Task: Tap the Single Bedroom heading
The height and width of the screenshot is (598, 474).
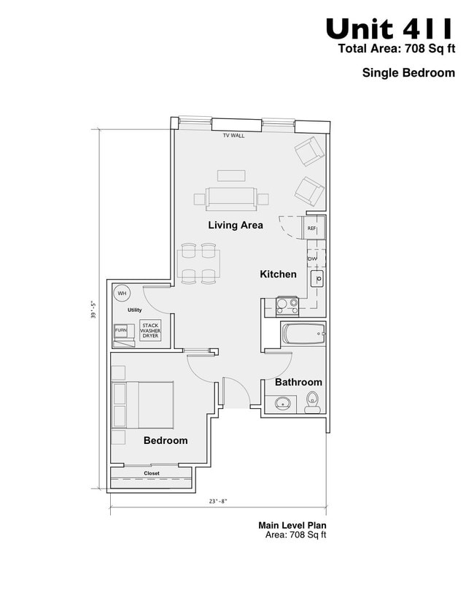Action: [408, 72]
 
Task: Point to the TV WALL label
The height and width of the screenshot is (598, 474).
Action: [233, 136]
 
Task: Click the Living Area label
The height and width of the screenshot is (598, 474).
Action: [235, 225]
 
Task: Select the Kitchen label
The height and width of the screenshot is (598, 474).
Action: [279, 275]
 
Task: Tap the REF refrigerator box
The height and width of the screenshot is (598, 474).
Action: [312, 229]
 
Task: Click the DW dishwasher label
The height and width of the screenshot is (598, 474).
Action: [312, 258]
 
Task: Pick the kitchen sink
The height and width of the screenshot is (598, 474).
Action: [317, 279]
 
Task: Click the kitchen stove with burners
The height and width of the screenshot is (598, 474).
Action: [287, 305]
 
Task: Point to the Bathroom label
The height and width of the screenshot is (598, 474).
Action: [298, 382]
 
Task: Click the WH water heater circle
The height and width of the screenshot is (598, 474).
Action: [122, 293]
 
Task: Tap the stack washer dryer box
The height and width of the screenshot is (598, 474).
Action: [150, 331]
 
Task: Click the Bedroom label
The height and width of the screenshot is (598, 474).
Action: [166, 440]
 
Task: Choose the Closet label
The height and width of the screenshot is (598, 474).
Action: [152, 473]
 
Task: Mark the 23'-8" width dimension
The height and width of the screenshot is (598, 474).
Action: [218, 501]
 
